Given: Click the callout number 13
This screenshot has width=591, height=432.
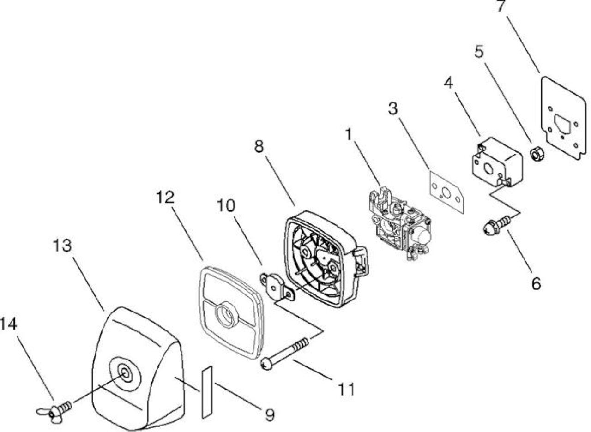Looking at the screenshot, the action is coord(62,246).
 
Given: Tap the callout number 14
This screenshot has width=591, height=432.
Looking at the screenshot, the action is coord(8,324).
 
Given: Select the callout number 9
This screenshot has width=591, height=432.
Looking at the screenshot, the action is coord(269,415).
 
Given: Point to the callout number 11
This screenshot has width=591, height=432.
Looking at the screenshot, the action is coord(346,389).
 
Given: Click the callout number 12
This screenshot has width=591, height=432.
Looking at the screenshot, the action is coord(165,197).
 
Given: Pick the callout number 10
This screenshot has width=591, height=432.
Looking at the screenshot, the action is coord(226,205).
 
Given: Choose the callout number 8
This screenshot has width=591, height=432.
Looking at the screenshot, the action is coord(259,146).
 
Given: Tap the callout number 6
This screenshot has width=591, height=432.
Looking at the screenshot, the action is coord(536,283).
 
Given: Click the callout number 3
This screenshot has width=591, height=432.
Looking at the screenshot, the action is coord(393,108).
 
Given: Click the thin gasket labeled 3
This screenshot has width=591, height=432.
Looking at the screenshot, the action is coord(447,192).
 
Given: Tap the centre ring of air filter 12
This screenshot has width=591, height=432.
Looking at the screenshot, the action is coord(225,315).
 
